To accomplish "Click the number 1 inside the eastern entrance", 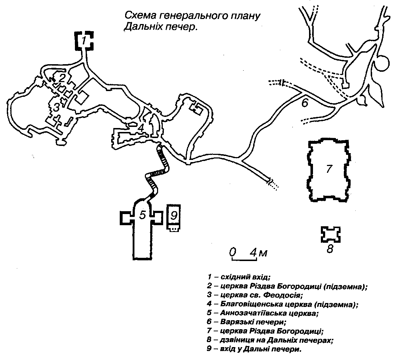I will pyautogui.click(x=84, y=40).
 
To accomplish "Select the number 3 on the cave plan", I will pyautogui.click(x=56, y=107).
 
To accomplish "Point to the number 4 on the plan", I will pyautogui.click(x=141, y=127).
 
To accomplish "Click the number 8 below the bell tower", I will pyautogui.click(x=330, y=248).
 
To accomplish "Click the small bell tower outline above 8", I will pyautogui.click(x=330, y=234).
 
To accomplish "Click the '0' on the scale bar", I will pyautogui.click(x=233, y=252).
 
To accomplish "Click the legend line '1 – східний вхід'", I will pyautogui.click(x=238, y=277).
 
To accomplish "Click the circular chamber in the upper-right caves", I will pyautogui.click(x=381, y=64).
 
